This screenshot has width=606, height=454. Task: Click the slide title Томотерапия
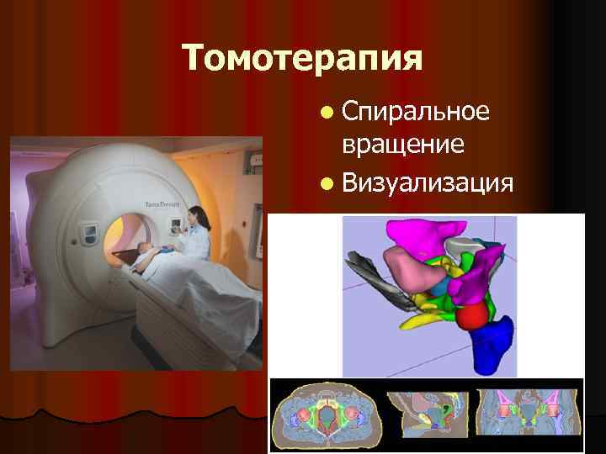coord(302,58)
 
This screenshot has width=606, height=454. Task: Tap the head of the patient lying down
coord(146,250)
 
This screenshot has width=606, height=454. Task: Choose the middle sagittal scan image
coord(427,415)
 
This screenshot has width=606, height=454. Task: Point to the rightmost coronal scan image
coord(529,415)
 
